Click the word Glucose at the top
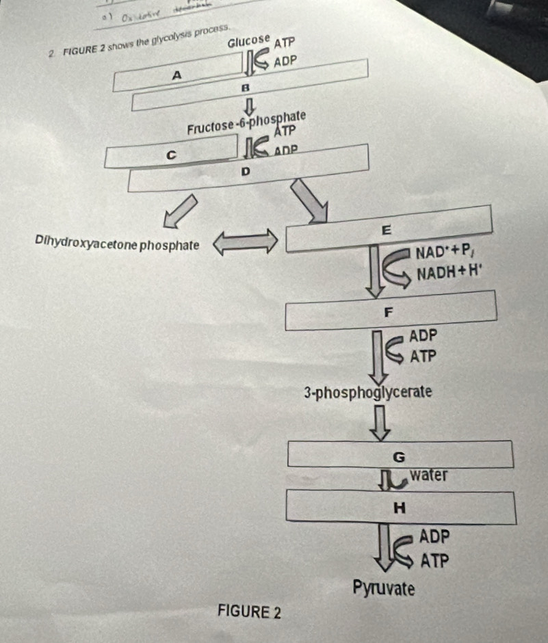[x=250, y=41]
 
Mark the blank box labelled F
[x=390, y=311]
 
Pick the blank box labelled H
[x=400, y=507]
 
